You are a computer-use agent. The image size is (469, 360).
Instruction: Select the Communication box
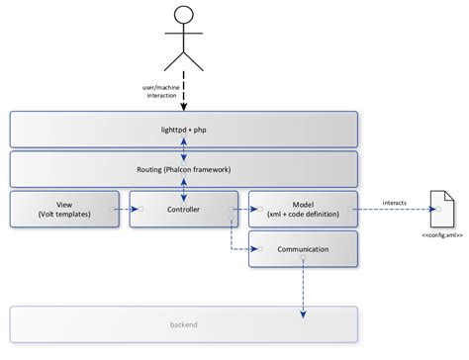click(x=302, y=249)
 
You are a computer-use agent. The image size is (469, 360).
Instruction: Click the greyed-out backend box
click(x=183, y=323)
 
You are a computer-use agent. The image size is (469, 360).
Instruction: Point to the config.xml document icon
click(x=442, y=209)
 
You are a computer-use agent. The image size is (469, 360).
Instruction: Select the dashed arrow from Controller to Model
click(x=242, y=209)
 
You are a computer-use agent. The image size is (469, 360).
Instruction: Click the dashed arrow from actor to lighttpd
click(x=183, y=94)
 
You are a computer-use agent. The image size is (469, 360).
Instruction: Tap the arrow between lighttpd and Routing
click(x=183, y=149)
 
